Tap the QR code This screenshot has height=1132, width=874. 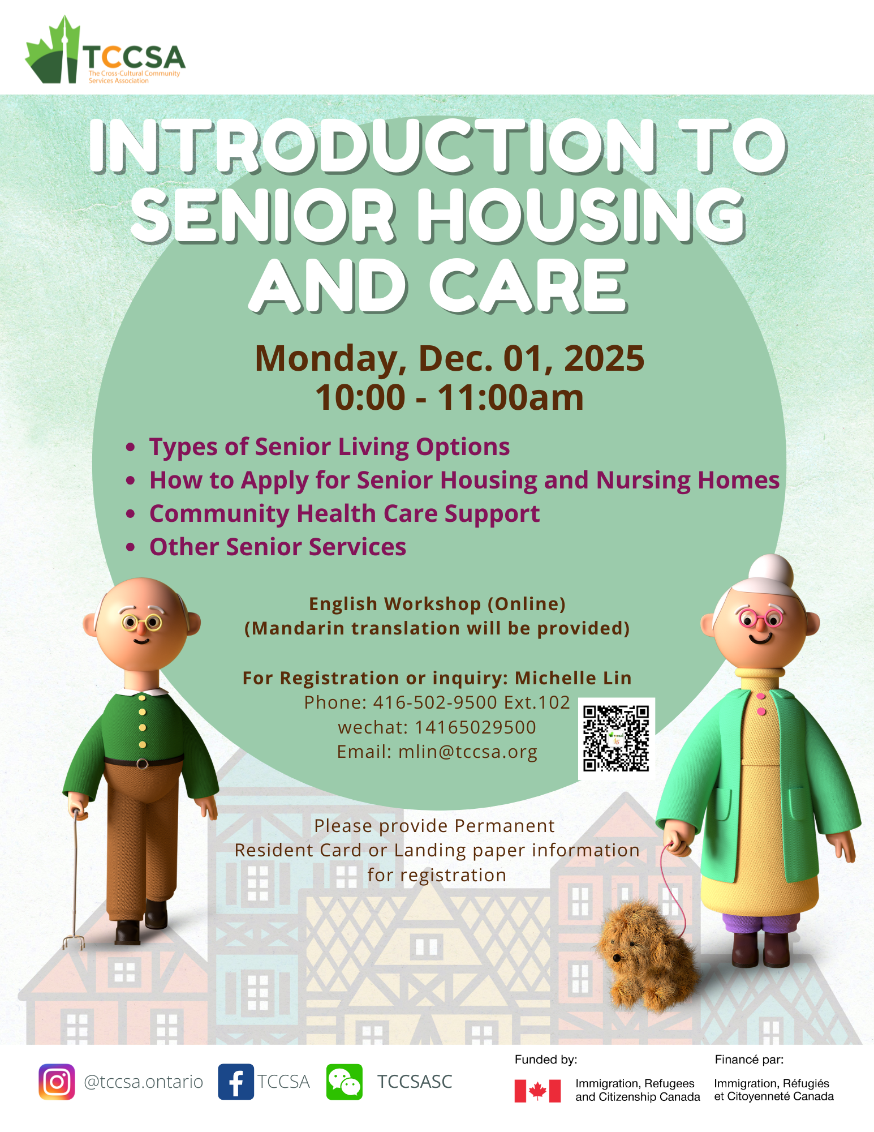pyautogui.click(x=616, y=738)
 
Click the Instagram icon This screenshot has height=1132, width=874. pyautogui.click(x=57, y=1082)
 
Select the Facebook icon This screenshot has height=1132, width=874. pyautogui.click(x=236, y=1082)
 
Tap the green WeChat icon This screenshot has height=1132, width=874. pyautogui.click(x=344, y=1082)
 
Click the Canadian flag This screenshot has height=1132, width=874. pyautogui.click(x=537, y=1091)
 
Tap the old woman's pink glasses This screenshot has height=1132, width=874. pyautogui.click(x=760, y=619)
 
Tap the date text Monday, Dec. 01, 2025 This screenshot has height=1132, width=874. pyautogui.click(x=450, y=358)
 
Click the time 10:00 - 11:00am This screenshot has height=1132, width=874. pyautogui.click(x=450, y=397)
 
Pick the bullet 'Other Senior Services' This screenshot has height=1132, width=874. pyautogui.click(x=278, y=547)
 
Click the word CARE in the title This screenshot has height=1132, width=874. pyautogui.click(x=529, y=285)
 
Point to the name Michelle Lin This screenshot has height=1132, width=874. pyautogui.click(x=573, y=678)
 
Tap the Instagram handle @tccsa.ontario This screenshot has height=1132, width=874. pyautogui.click(x=143, y=1082)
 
